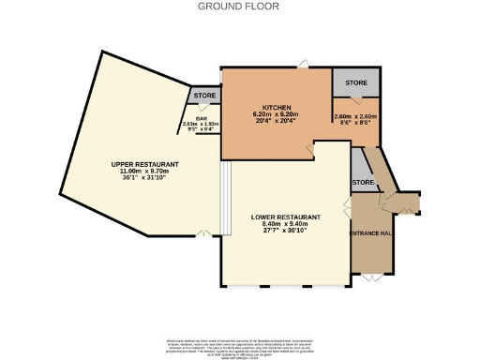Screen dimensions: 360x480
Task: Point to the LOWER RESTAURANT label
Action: click(x=286, y=217)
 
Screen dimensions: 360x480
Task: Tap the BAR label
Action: click(x=201, y=118)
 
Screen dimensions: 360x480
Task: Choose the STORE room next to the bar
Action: click(x=204, y=96)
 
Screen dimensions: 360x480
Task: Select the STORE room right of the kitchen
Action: click(x=355, y=82)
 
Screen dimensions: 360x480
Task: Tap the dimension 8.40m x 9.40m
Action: click(x=286, y=224)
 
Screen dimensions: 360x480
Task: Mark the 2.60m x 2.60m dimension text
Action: click(x=354, y=117)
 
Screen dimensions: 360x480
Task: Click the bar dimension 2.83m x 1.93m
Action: click(x=201, y=124)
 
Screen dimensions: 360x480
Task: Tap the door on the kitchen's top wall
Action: click(x=303, y=64)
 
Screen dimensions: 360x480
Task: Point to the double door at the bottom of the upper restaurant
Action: click(x=202, y=233)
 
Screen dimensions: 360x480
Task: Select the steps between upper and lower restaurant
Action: click(x=224, y=197)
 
